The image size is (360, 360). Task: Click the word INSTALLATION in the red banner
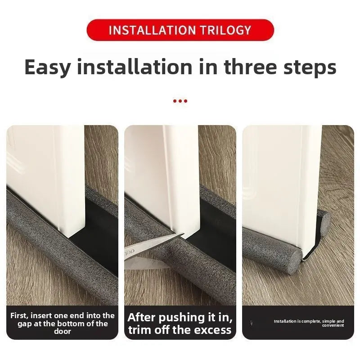(151, 30)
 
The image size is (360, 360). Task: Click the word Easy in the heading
(47, 67)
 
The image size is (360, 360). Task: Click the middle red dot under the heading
(180, 101)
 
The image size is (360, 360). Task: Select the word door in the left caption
(63, 332)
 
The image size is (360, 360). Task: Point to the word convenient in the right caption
(333, 325)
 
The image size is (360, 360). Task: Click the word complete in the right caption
(310, 321)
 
